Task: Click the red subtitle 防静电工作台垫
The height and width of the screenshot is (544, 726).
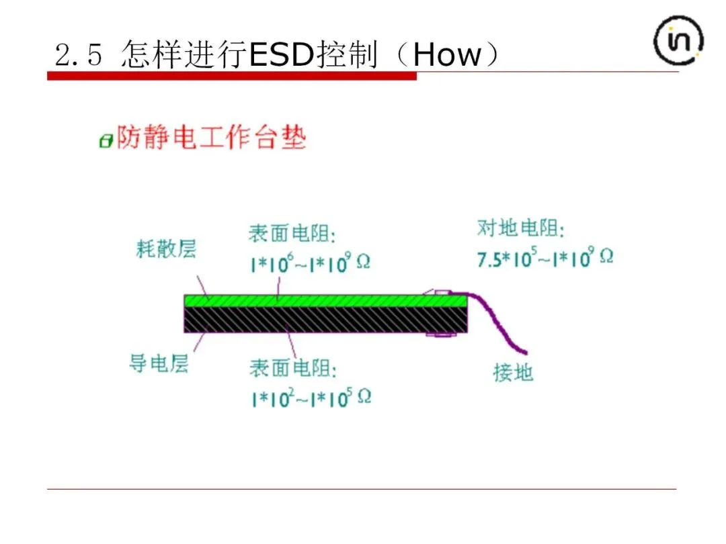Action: click(212, 138)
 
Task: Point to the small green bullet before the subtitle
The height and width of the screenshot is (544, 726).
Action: click(105, 141)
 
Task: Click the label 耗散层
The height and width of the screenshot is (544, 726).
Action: click(166, 250)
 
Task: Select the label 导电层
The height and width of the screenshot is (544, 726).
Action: click(159, 363)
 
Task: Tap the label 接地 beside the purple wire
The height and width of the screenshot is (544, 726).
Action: click(513, 372)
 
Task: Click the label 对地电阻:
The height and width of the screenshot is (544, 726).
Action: click(521, 228)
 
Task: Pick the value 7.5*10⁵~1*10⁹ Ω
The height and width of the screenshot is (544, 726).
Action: click(545, 258)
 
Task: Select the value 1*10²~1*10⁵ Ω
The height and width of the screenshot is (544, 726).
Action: click(311, 398)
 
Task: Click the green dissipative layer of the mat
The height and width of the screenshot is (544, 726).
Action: click(323, 300)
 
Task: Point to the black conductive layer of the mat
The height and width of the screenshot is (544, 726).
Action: click(323, 319)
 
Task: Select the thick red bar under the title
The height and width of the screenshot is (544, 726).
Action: click(231, 76)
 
